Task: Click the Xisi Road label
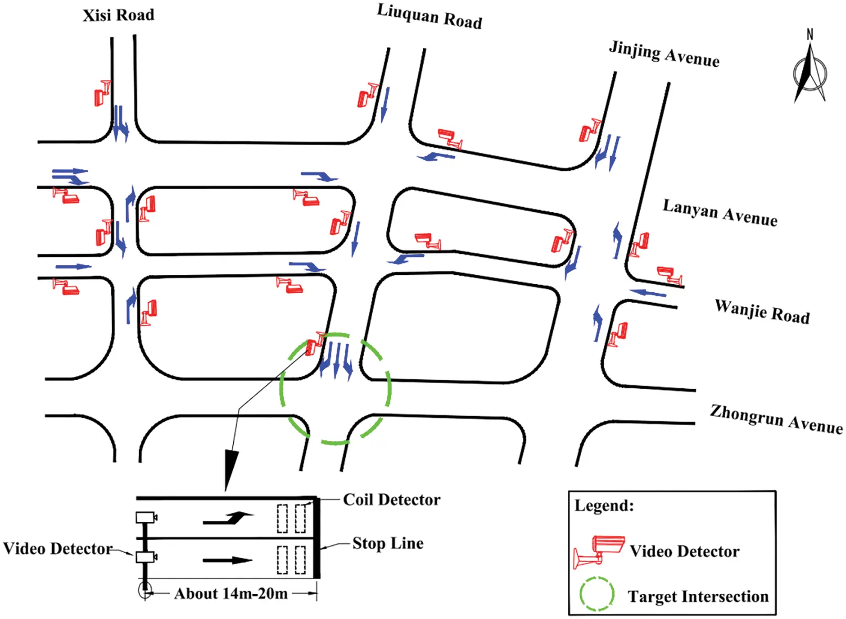click(x=118, y=15)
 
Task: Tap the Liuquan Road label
click(x=429, y=16)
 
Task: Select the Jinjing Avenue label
click(x=664, y=54)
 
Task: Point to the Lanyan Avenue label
click(x=719, y=213)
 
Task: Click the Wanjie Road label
click(x=762, y=311)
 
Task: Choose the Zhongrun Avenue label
click(x=776, y=419)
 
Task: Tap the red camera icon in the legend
click(x=599, y=551)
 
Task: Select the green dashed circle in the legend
click(x=596, y=594)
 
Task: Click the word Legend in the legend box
click(x=604, y=505)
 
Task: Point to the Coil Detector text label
click(x=391, y=500)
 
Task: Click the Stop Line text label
click(x=388, y=543)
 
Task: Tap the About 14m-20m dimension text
click(x=231, y=594)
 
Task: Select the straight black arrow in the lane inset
click(x=227, y=560)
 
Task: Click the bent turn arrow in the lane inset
click(x=228, y=518)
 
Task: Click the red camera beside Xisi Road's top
click(x=102, y=94)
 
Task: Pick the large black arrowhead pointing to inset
click(x=231, y=468)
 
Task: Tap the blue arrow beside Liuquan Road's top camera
click(x=385, y=104)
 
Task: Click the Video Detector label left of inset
click(x=57, y=549)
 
